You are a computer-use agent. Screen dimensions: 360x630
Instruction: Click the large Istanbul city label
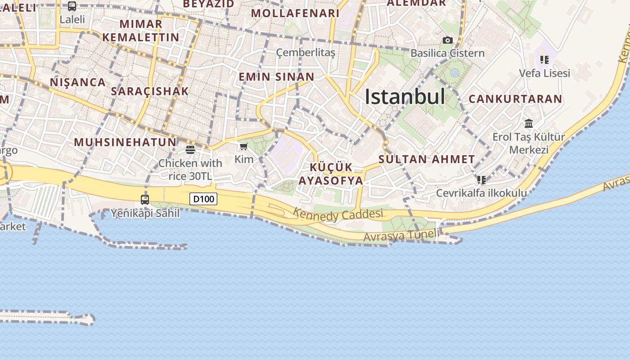pyautogui.click(x=405, y=96)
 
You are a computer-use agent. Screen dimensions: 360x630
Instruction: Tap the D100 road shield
pyautogui.click(x=203, y=198)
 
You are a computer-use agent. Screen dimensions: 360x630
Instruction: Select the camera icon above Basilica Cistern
pyautogui.click(x=447, y=40)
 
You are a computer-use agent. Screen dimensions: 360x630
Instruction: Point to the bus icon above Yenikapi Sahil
pyautogui.click(x=145, y=199)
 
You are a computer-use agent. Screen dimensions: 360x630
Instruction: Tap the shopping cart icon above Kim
pyautogui.click(x=244, y=146)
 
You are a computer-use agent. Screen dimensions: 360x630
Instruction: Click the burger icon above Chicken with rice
pyautogui.click(x=190, y=149)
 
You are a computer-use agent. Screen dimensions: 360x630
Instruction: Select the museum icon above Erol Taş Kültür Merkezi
pyautogui.click(x=529, y=123)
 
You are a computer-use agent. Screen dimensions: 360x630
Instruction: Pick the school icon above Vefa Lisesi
pyautogui.click(x=544, y=59)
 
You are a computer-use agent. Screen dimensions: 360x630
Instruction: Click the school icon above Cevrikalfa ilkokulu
pyautogui.click(x=481, y=180)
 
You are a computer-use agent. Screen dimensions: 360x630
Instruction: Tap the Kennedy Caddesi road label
pyautogui.click(x=338, y=215)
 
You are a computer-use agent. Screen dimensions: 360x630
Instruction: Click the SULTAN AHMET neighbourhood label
pyautogui.click(x=427, y=159)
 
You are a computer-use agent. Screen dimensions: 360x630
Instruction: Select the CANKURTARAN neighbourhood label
pyautogui.click(x=515, y=99)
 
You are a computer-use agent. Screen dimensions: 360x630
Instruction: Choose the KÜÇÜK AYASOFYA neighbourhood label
pyautogui.click(x=331, y=174)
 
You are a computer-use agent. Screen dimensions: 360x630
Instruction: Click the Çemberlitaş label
pyautogui.click(x=306, y=53)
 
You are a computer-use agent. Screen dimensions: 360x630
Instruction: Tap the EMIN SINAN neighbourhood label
pyautogui.click(x=276, y=76)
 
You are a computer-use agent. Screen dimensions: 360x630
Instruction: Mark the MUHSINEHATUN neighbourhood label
pyautogui.click(x=125, y=142)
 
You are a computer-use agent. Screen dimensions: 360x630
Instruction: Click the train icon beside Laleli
pyautogui.click(x=72, y=6)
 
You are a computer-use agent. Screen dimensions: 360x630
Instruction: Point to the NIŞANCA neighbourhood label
pyautogui.click(x=78, y=82)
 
